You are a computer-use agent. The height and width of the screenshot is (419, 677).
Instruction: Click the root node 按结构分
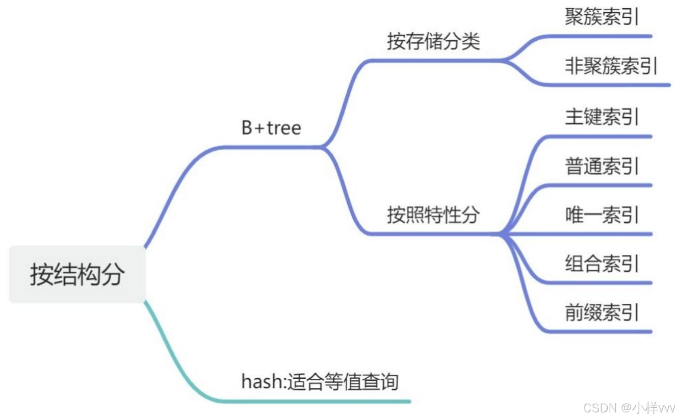pyautogui.click(x=77, y=275)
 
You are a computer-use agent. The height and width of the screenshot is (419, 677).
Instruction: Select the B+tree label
pyautogui.click(x=271, y=128)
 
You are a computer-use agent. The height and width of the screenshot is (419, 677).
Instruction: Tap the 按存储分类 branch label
pyautogui.click(x=433, y=41)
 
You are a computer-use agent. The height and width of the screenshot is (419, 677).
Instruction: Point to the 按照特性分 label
pyautogui.click(x=433, y=215)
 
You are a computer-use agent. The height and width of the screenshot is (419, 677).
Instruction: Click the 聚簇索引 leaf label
pyautogui.click(x=602, y=17)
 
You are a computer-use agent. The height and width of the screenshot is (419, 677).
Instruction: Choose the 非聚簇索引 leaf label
pyautogui.click(x=611, y=66)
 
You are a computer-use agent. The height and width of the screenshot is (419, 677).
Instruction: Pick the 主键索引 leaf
pyautogui.click(x=602, y=117)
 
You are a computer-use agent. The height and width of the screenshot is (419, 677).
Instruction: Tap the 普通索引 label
pyautogui.click(x=602, y=166)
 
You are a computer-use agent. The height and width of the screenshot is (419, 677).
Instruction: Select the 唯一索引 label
pyautogui.click(x=602, y=215)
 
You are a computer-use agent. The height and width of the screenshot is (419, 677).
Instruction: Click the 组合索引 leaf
pyautogui.click(x=602, y=264)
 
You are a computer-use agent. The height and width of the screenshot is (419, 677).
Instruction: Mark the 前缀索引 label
pyautogui.click(x=602, y=312)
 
